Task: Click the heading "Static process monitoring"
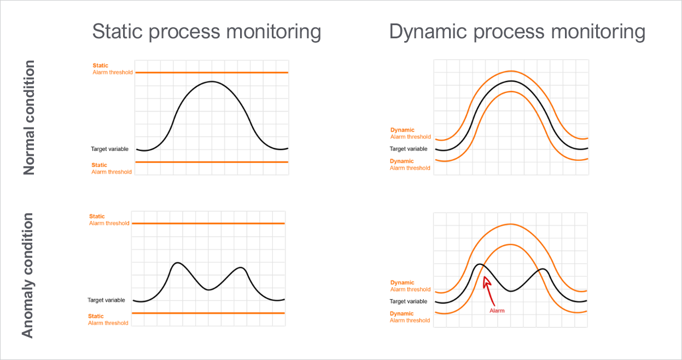pos(206,32)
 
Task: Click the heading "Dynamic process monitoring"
pos(517,32)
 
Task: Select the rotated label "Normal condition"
pos(30,118)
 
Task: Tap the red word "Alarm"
pos(497,310)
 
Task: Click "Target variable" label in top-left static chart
pos(109,149)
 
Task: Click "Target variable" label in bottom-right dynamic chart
pos(407,301)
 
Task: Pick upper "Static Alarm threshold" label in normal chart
pos(112,69)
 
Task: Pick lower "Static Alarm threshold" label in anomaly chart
pos(108,320)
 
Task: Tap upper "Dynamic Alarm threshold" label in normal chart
pos(410,133)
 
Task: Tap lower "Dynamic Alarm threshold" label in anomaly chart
pos(410,317)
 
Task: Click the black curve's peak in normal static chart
pos(212,82)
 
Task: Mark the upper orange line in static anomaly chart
pos(208,223)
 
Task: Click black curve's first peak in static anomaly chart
pos(176,263)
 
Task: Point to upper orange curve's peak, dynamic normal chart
pos(511,71)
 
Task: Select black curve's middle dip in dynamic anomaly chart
pos(510,291)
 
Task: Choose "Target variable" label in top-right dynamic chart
pos(409,149)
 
